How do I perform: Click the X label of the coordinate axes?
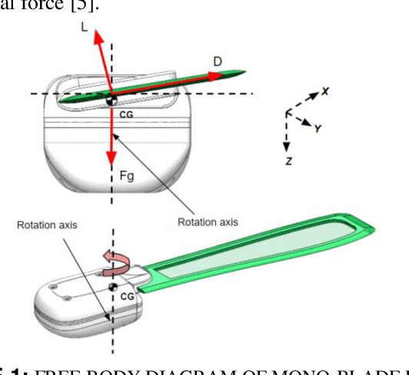pyautogui.click(x=325, y=91)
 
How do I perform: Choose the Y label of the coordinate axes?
pyautogui.click(x=317, y=129)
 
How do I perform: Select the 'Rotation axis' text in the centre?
pyautogui.click(x=208, y=222)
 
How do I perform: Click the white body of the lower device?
pyautogui.click(x=77, y=304)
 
